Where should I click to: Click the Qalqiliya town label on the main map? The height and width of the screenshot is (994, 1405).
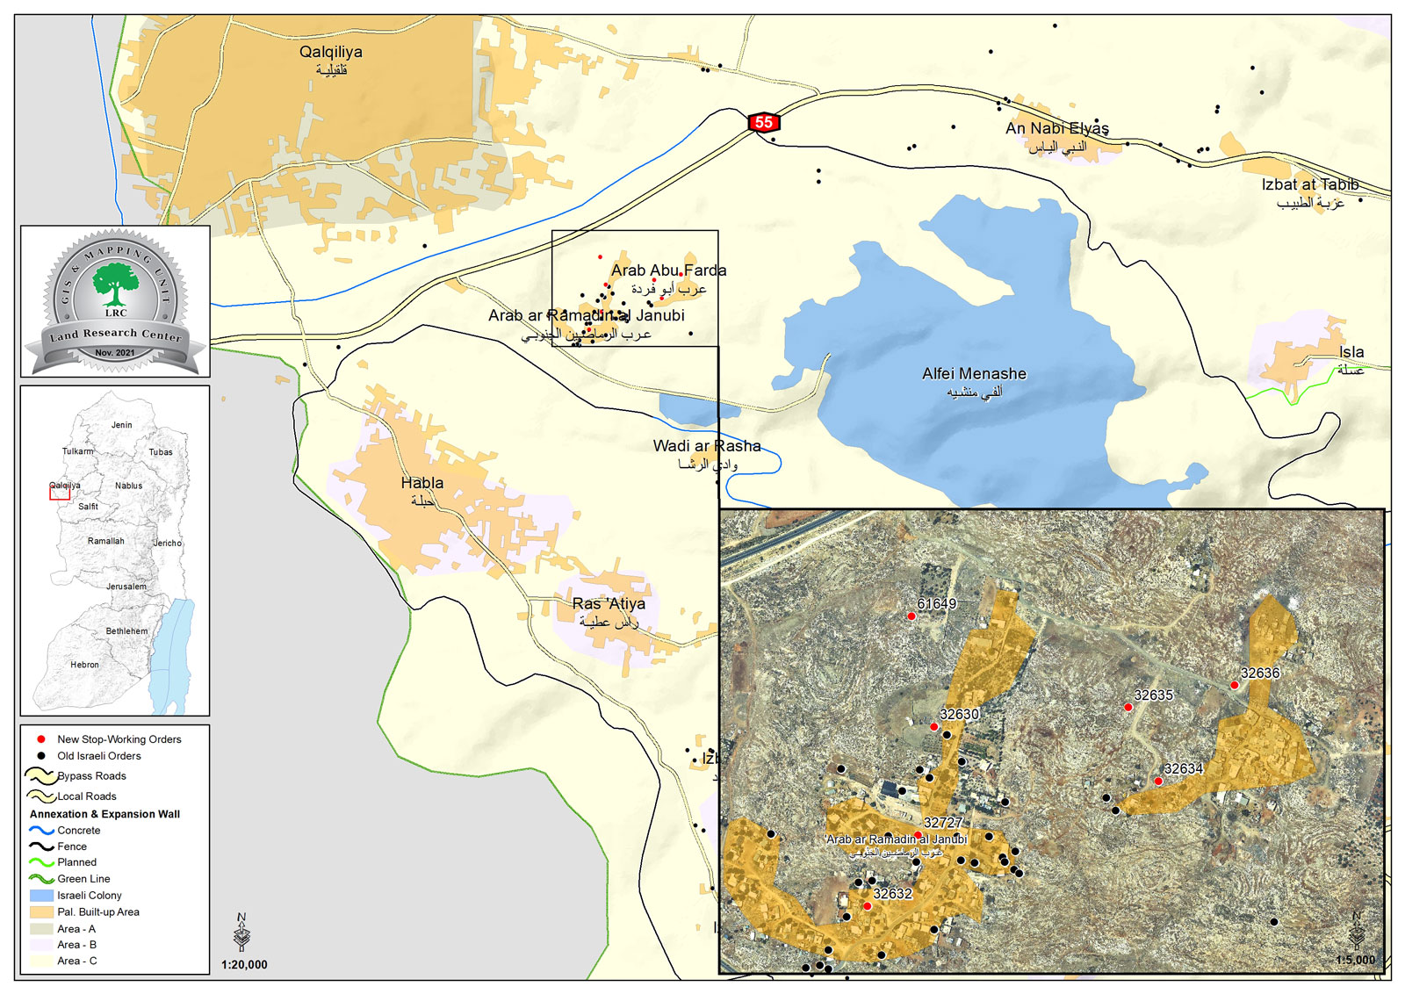click(x=330, y=53)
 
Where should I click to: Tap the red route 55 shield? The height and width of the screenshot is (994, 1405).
click(x=763, y=123)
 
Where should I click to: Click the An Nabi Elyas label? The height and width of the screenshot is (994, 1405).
click(x=1056, y=129)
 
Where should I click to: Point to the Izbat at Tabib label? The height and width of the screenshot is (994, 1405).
click(x=1309, y=185)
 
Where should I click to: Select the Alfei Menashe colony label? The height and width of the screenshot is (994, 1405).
click(x=974, y=374)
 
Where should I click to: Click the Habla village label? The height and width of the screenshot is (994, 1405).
click(x=422, y=484)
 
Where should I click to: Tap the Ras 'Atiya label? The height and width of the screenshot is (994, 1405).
click(x=609, y=604)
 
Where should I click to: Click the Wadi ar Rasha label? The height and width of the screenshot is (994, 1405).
click(x=706, y=447)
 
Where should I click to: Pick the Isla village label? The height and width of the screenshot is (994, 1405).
click(x=1351, y=353)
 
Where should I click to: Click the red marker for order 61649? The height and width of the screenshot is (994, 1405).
click(x=911, y=616)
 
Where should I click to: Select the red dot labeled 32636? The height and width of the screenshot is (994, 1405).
click(x=1235, y=685)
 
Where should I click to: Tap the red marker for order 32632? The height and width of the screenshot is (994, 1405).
click(x=867, y=906)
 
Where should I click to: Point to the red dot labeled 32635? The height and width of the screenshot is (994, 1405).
click(x=1128, y=707)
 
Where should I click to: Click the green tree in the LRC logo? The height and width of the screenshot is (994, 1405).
click(x=115, y=284)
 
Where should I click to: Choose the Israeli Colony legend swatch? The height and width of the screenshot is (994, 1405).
click(x=41, y=896)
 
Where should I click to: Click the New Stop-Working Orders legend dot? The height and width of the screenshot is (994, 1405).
click(x=40, y=739)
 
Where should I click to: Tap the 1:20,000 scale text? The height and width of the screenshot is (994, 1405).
click(x=244, y=965)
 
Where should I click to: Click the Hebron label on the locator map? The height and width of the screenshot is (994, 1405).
click(x=85, y=665)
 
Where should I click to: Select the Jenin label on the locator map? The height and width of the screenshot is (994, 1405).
click(x=121, y=425)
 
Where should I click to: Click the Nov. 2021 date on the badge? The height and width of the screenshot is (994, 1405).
click(x=115, y=353)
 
